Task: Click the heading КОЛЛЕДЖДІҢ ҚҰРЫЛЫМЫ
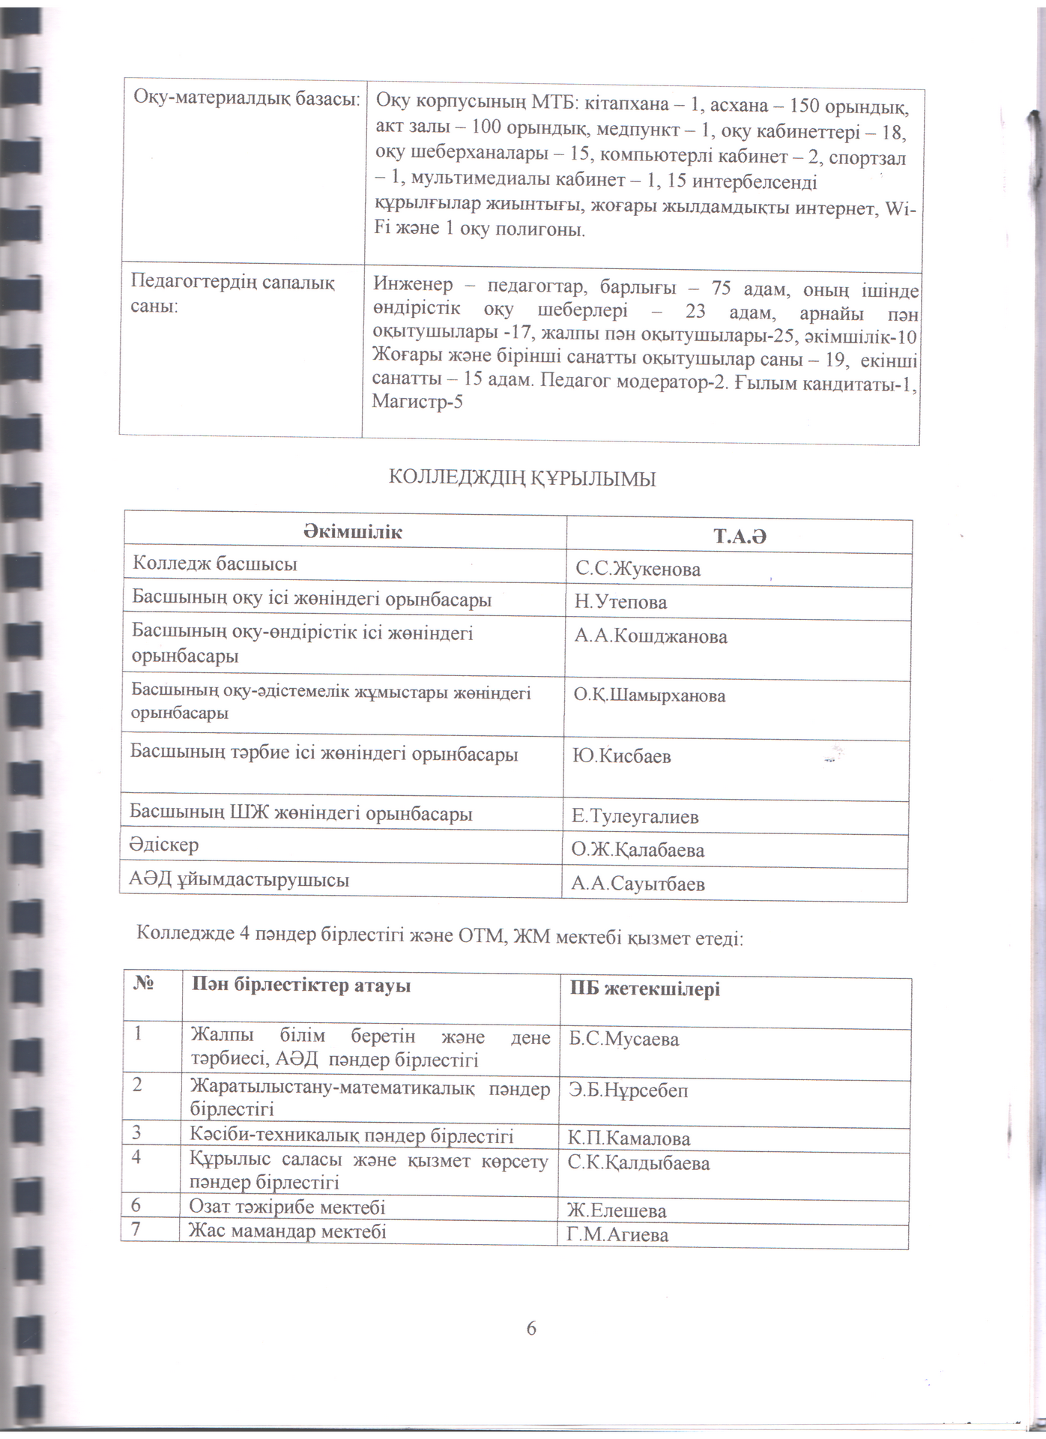click(x=522, y=478)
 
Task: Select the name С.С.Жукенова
click(x=638, y=570)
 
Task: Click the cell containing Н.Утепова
click(x=620, y=603)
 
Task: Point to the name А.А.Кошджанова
click(x=650, y=637)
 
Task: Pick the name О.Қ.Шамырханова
click(x=649, y=696)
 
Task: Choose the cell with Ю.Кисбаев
click(x=621, y=756)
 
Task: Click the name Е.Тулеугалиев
click(x=635, y=816)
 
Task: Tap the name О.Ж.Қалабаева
click(x=637, y=850)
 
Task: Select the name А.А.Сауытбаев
click(x=637, y=884)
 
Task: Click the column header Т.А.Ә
click(x=739, y=537)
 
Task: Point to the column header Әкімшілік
click(x=352, y=532)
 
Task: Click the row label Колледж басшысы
click(x=214, y=564)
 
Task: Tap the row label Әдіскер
click(x=164, y=845)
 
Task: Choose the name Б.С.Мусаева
click(x=623, y=1039)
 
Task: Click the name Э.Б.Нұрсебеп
click(x=628, y=1090)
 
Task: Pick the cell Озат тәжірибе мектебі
click(x=287, y=1207)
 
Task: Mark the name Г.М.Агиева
click(x=617, y=1234)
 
